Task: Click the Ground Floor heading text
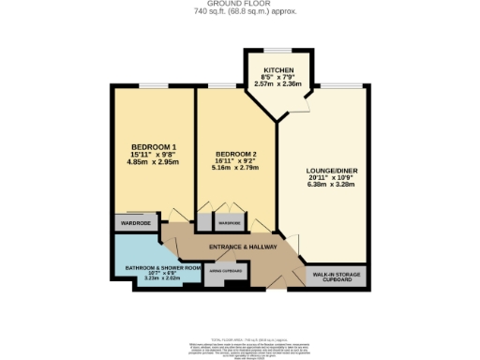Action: click(239, 4)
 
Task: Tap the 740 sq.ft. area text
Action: click(239, 11)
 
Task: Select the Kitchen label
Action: click(278, 70)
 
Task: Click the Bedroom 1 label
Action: click(152, 146)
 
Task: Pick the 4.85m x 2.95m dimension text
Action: click(152, 161)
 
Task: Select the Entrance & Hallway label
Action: click(242, 246)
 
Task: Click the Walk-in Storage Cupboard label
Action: click(336, 277)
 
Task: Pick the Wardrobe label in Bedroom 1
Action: click(134, 224)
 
